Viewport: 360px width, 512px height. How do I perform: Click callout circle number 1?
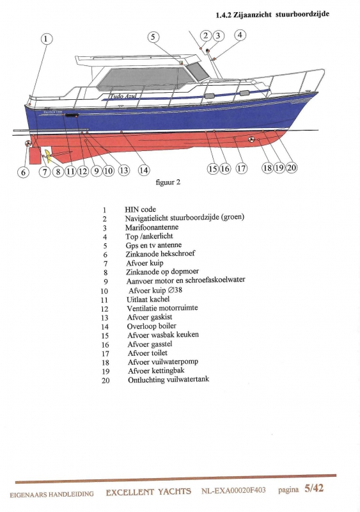pyautogui.click(x=46, y=39)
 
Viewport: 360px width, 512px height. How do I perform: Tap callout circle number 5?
pyautogui.click(x=153, y=37)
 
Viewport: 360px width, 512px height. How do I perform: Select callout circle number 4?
pyautogui.click(x=240, y=35)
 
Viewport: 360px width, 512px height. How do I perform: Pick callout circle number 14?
pyautogui.click(x=144, y=170)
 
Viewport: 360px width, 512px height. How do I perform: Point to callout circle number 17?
pyautogui.click(x=241, y=168)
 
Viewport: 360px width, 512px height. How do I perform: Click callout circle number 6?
pyautogui.click(x=23, y=172)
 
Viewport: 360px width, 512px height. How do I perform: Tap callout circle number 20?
pyautogui.click(x=292, y=168)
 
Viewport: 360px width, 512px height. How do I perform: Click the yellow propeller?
pyautogui.click(x=48, y=156)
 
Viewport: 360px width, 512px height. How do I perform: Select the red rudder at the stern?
pyautogui.click(x=35, y=155)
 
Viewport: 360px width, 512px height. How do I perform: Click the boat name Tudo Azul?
pyautogui.click(x=123, y=96)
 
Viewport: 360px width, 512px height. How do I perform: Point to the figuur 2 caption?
pyautogui.click(x=168, y=182)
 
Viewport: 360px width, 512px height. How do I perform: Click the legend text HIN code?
pyautogui.click(x=140, y=209)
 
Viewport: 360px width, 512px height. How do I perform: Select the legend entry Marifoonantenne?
pyautogui.click(x=152, y=227)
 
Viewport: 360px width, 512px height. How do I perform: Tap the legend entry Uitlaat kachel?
pyautogui.click(x=148, y=299)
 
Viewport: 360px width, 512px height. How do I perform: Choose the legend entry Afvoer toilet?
pyautogui.click(x=148, y=353)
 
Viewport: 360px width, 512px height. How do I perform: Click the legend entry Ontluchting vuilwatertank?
pyautogui.click(x=168, y=380)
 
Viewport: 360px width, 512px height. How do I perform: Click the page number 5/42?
pyautogui.click(x=314, y=488)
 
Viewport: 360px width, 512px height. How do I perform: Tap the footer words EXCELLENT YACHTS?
pyautogui.click(x=148, y=492)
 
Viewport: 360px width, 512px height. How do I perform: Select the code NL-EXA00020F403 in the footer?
pyautogui.click(x=233, y=490)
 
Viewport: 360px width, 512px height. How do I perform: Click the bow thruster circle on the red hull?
pyautogui.click(x=251, y=140)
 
